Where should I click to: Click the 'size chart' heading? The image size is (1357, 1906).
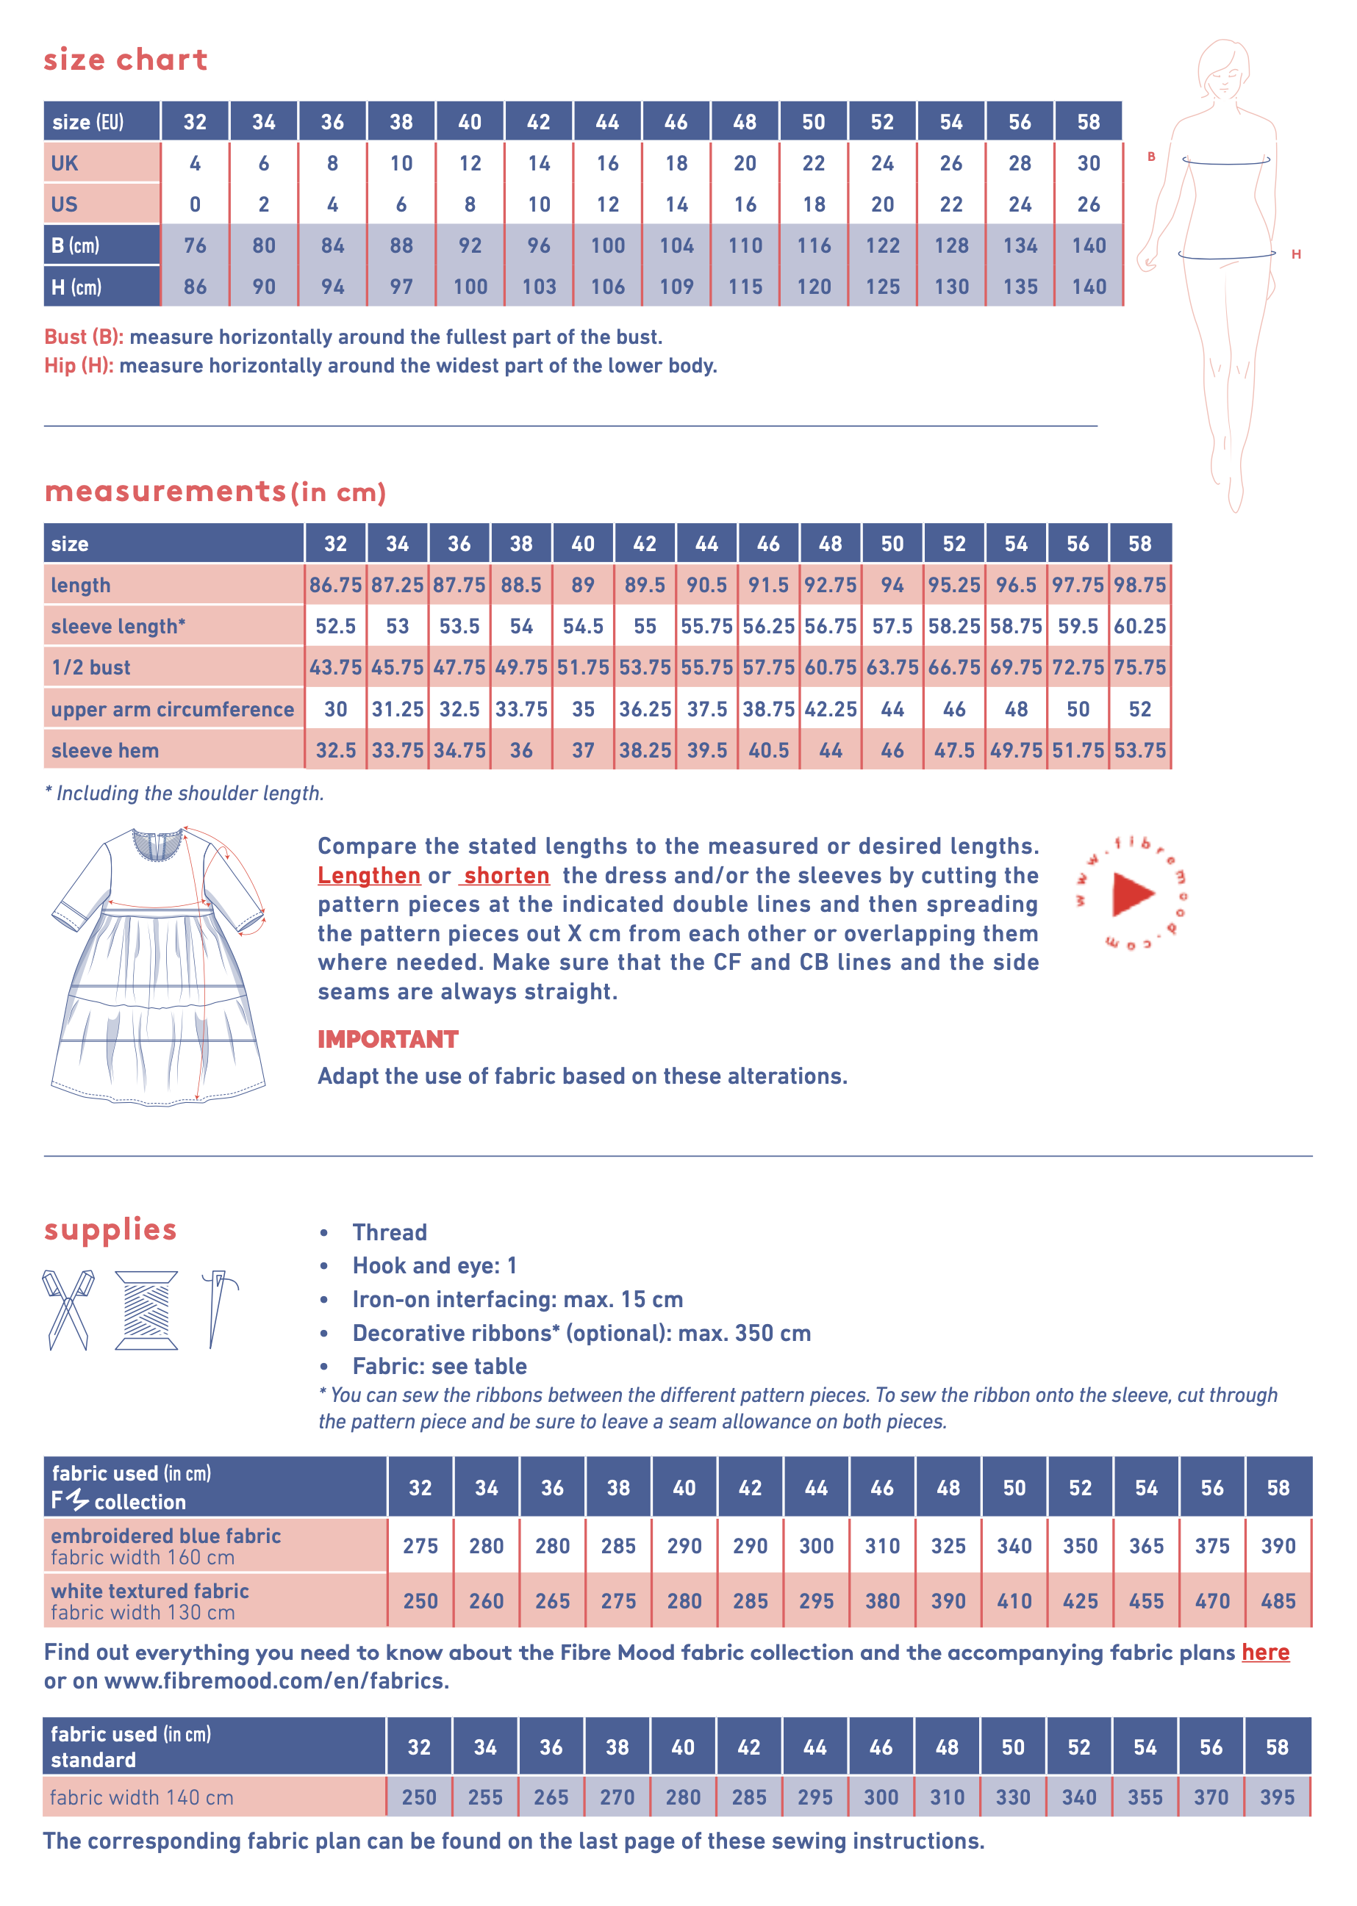tap(126, 60)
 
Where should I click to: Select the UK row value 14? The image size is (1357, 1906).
tap(539, 164)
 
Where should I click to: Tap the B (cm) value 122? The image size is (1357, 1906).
tap(882, 245)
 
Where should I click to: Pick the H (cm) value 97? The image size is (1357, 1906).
tap(401, 287)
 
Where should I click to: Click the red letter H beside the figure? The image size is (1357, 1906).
tap(1295, 254)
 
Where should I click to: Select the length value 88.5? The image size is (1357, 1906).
tap(521, 585)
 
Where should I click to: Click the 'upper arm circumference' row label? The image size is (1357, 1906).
tap(172, 709)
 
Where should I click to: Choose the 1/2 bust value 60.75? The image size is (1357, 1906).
tap(831, 667)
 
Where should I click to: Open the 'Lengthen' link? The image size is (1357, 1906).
tap(368, 875)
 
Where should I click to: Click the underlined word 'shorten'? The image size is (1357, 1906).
tap(506, 875)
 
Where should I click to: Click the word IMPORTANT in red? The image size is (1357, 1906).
tap(387, 1039)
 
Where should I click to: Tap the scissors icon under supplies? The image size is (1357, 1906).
tap(68, 1309)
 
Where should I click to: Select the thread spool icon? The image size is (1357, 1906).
tap(146, 1309)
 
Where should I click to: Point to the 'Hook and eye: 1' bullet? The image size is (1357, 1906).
tap(434, 1265)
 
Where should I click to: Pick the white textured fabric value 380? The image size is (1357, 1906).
tap(882, 1600)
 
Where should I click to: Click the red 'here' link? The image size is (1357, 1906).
tap(1265, 1652)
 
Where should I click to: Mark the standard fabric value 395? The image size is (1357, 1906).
tap(1277, 1797)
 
